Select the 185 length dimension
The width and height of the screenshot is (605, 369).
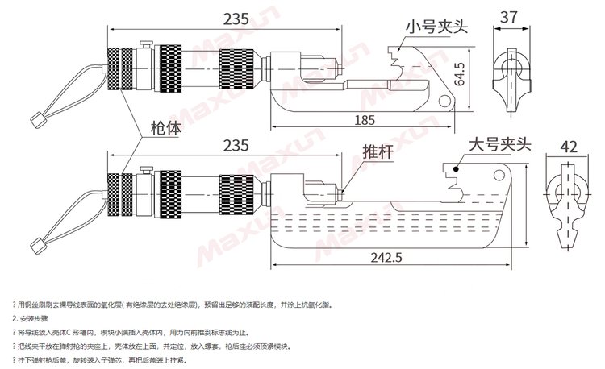[x=365, y=120]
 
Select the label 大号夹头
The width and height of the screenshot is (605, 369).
[x=501, y=145]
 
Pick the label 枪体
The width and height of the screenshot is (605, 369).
[x=166, y=127]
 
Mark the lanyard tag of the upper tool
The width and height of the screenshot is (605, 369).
[x=35, y=122]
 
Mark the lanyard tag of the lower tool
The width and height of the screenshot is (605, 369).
[x=35, y=244]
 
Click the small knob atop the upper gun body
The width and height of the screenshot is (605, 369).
[x=147, y=46]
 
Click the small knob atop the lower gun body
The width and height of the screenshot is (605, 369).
[x=147, y=169]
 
